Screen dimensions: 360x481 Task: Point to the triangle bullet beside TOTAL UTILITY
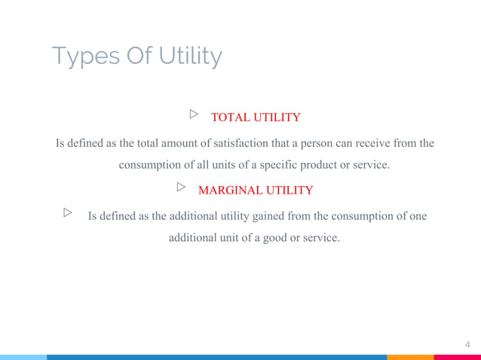[x=194, y=114]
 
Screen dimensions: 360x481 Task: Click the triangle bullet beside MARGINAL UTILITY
[x=181, y=187]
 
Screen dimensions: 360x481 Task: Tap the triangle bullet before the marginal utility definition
[x=69, y=213]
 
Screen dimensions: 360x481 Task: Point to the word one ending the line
[x=418, y=216]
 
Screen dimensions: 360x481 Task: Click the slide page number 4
[x=467, y=345]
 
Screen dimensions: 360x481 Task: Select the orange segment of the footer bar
[x=410, y=357]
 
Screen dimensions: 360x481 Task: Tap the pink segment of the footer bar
[x=457, y=357]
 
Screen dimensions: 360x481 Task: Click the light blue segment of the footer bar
[x=23, y=357]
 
